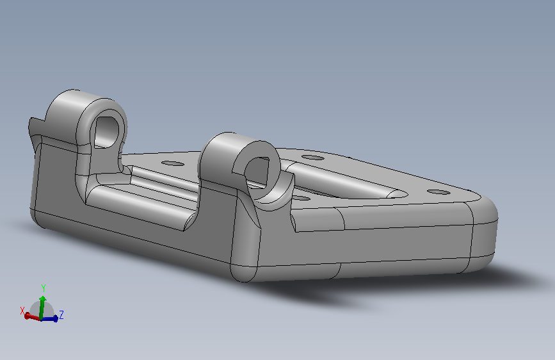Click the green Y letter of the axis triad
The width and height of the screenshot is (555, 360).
pos(43,288)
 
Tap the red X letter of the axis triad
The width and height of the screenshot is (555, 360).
pos(22,311)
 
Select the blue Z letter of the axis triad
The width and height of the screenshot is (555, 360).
pos(61,315)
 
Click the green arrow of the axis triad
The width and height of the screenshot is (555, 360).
pos(42,307)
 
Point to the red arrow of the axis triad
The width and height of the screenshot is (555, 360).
pos(32,316)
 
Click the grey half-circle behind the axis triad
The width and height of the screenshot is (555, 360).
pos(42,309)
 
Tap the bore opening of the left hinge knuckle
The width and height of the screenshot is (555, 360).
pos(106,132)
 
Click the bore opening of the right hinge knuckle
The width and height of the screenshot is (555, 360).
pos(258,174)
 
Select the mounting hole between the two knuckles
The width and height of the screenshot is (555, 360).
pos(173,164)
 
